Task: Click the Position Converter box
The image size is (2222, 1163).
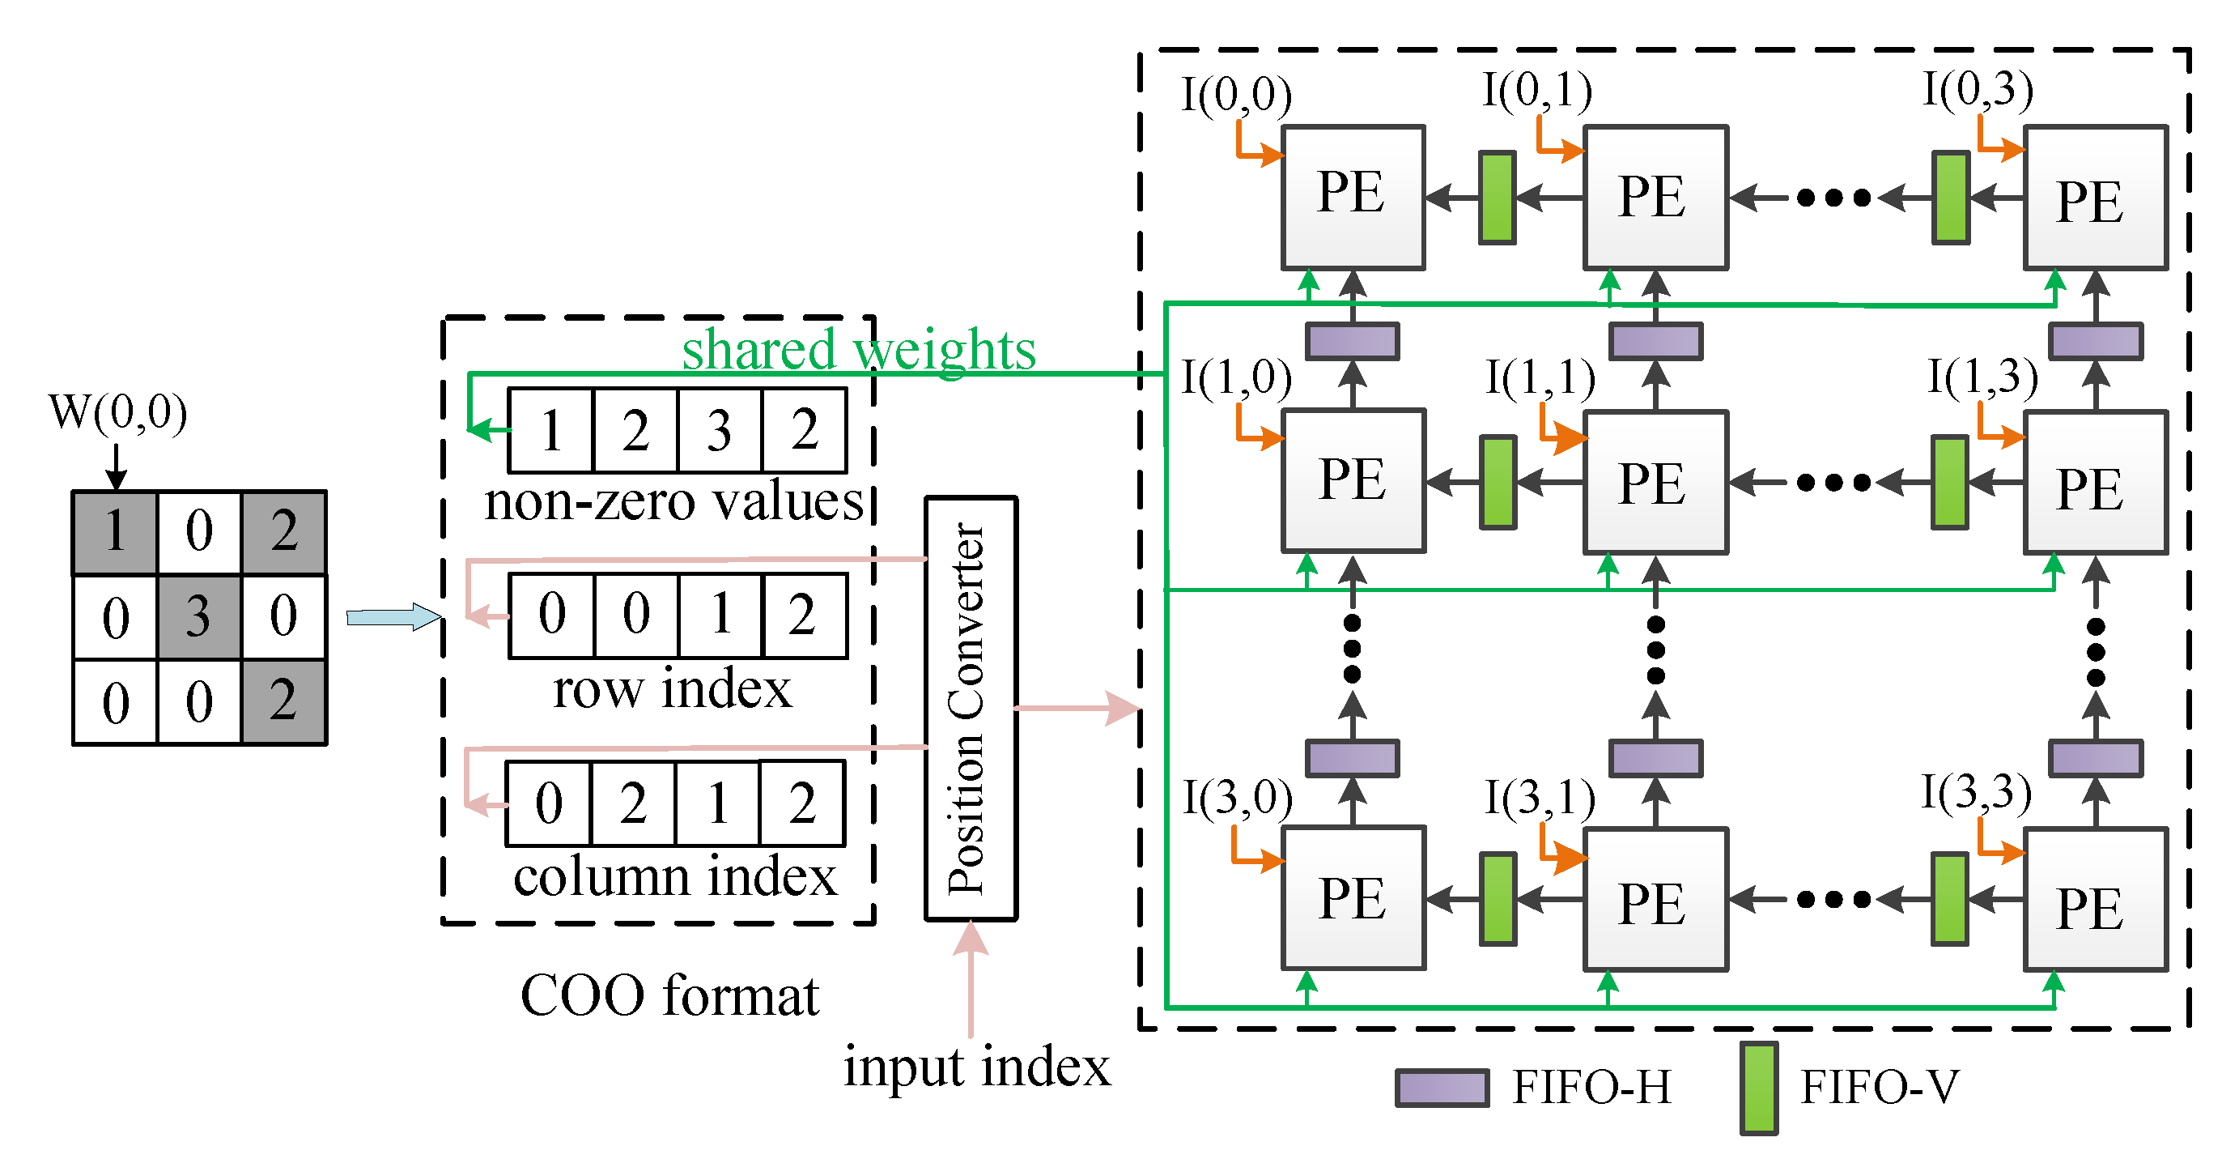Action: point(971,708)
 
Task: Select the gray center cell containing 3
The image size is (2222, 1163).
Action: point(199,616)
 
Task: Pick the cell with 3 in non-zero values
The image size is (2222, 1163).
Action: point(720,430)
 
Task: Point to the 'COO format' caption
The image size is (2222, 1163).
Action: point(669,995)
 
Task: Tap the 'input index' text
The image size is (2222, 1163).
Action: point(976,1067)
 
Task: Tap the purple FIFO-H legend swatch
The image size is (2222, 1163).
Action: point(1442,1087)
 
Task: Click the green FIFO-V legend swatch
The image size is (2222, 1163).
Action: point(1759,1087)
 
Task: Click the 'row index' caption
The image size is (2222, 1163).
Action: point(671,688)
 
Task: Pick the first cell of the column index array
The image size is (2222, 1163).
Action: point(549,803)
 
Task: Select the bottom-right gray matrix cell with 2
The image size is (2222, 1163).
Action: point(284,701)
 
